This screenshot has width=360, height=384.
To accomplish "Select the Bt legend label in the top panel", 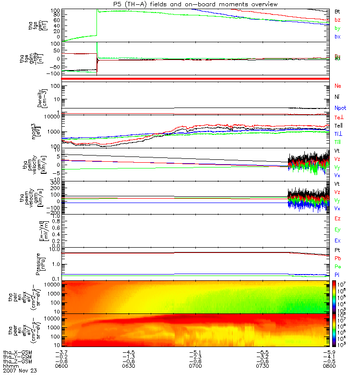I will click(337, 11).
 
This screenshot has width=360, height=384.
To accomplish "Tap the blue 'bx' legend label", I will click(337, 36).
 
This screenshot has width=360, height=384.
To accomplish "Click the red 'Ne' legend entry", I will click(338, 86).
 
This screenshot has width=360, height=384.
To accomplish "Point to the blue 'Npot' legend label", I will click(340, 108).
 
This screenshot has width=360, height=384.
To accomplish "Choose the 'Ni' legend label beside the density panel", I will click(337, 97).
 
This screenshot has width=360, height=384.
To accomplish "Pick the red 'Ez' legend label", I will click(337, 218).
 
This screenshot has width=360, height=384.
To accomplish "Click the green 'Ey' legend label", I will click(337, 229).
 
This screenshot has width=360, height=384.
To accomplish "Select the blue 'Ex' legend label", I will click(337, 240).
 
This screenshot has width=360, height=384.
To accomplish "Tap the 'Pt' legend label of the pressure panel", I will click(337, 251).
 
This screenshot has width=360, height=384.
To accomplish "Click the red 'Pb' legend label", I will click(337, 258).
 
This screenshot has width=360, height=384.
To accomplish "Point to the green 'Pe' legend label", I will click(337, 266).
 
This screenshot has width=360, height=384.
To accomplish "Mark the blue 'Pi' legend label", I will click(337, 274).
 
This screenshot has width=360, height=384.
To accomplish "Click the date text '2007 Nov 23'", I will click(20, 371).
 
